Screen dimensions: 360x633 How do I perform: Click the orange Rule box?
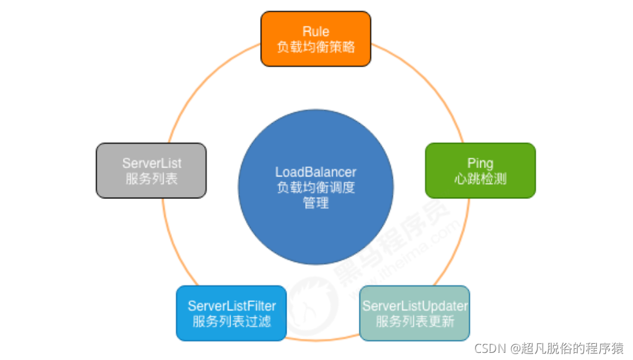[x=316, y=39]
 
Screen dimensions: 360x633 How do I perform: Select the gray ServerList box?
[x=151, y=170]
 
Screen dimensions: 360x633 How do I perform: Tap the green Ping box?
[x=480, y=170]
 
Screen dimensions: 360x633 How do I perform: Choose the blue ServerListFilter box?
[x=231, y=313]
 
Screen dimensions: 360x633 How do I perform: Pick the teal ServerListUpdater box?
[x=415, y=313]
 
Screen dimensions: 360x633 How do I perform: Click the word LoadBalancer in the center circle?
[x=316, y=172]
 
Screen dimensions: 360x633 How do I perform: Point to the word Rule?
[x=316, y=32]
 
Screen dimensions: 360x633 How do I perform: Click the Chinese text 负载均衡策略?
[x=316, y=46]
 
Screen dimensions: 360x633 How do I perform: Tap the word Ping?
[x=480, y=163]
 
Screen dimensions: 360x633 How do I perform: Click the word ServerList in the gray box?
[x=151, y=163]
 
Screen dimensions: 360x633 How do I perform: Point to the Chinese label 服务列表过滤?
[x=231, y=321]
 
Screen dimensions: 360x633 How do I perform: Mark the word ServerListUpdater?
[x=415, y=306]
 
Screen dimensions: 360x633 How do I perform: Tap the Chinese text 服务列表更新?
[x=415, y=321]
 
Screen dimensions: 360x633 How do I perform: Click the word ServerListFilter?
[x=231, y=306]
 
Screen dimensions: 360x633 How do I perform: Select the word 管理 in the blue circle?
[x=316, y=203]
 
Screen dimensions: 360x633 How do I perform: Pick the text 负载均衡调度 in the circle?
[x=316, y=187]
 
